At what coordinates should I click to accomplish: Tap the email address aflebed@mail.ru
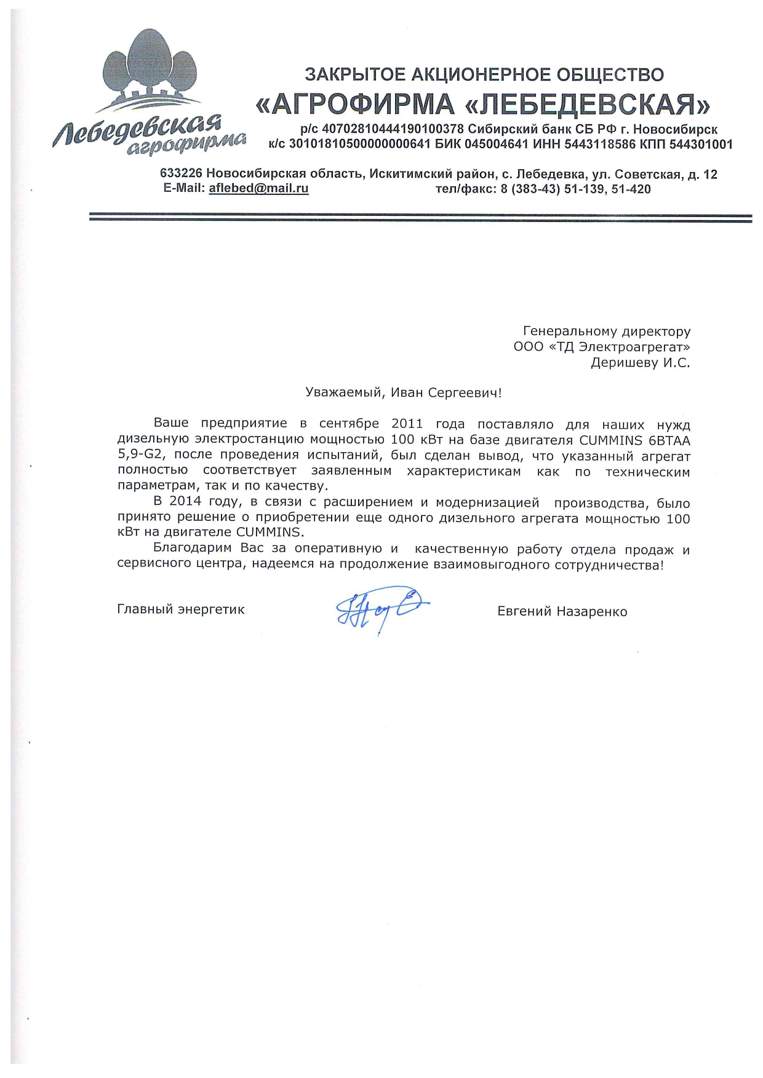258,189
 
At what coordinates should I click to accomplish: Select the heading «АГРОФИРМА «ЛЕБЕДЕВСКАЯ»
482,105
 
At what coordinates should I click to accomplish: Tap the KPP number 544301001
697,145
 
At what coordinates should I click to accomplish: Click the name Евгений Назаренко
562,611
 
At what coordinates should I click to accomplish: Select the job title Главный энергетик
181,609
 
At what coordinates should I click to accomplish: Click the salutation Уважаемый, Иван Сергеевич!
404,392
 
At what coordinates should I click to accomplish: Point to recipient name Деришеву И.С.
640,363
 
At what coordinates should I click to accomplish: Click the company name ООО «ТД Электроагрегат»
601,347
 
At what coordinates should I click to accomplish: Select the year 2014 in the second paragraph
185,503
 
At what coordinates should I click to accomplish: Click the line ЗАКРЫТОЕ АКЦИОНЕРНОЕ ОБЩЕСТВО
484,75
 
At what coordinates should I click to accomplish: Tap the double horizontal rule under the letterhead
420,218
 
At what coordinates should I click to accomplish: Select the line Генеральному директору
606,331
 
